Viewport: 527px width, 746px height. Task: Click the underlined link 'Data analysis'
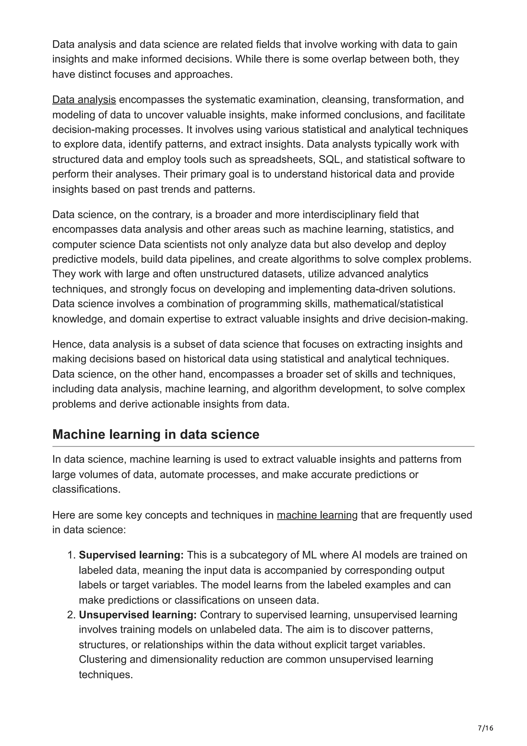tap(84, 100)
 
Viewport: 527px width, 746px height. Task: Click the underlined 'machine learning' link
tap(317, 515)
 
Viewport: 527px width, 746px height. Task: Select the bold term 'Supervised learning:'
tap(131, 555)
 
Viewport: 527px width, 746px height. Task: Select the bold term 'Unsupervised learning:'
tap(138, 615)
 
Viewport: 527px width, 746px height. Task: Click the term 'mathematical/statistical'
tap(388, 304)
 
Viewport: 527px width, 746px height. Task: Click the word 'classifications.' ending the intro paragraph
tap(86, 489)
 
